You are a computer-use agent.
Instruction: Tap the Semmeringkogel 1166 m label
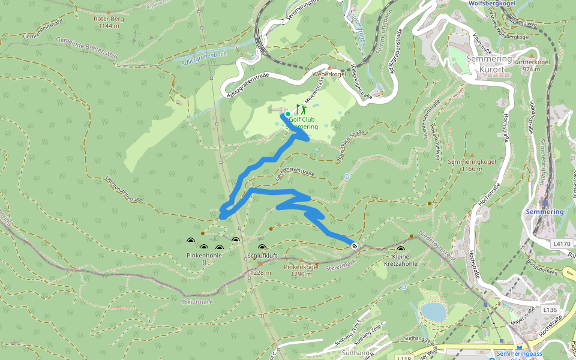(x=465, y=166)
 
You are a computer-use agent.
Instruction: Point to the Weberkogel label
(x=327, y=74)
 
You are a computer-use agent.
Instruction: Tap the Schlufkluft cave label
(x=262, y=256)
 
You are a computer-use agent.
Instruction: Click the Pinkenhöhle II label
(x=204, y=259)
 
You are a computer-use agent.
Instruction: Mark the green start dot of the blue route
(x=287, y=114)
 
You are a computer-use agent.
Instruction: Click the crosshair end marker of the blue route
(x=355, y=245)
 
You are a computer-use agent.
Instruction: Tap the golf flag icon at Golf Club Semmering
(x=300, y=109)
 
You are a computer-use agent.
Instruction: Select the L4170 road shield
(x=562, y=244)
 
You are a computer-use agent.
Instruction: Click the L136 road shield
(x=550, y=310)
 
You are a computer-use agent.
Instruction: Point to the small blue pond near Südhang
(x=433, y=311)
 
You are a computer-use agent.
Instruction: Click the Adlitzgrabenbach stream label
(x=203, y=58)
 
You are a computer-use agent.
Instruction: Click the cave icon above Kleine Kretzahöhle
(x=401, y=248)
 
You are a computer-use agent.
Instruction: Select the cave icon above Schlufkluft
(x=262, y=247)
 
